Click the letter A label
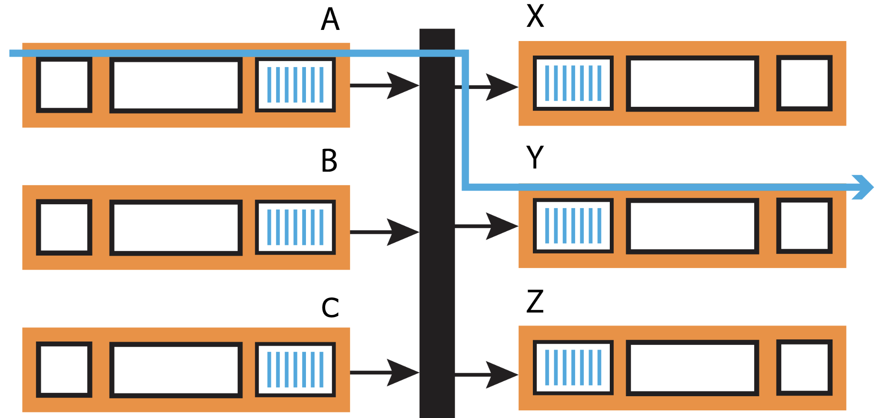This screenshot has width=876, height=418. pos(330,20)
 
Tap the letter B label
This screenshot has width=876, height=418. pos(329,161)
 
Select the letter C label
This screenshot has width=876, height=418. pos(330,308)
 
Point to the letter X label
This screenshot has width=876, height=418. pos(535,16)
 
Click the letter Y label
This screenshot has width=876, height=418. pos(535,157)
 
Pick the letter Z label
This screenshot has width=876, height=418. pos(535,301)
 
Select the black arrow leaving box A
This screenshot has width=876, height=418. pos(385,85)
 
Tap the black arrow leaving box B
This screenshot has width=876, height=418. pos(385,232)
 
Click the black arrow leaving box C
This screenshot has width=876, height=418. pos(385,373)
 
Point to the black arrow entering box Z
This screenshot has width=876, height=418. pos(487,375)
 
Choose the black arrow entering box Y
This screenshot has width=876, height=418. pos(487,226)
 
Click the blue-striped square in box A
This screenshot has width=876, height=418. pos(295,85)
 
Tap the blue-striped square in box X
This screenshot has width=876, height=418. pos(573,83)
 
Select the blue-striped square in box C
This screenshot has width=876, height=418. pos(295,369)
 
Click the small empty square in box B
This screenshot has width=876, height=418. pos(64,227)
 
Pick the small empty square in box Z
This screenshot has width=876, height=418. pos(804,368)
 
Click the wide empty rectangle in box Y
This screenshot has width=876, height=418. pos(692,226)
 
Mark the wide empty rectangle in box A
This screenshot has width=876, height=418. pos(176,85)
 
